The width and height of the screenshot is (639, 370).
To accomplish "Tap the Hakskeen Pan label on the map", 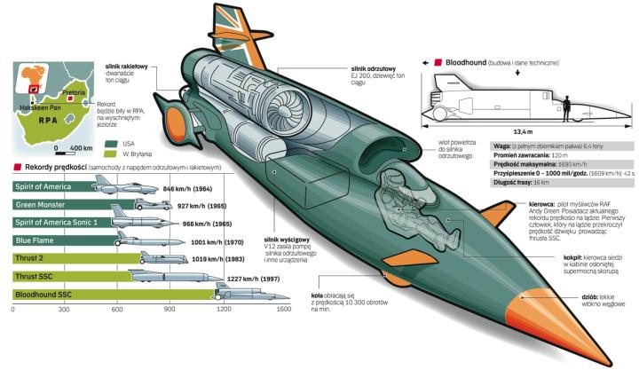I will click(x=31, y=106).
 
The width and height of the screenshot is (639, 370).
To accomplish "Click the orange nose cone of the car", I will click(x=548, y=322).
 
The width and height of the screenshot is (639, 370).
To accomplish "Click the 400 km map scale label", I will click(x=81, y=146).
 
